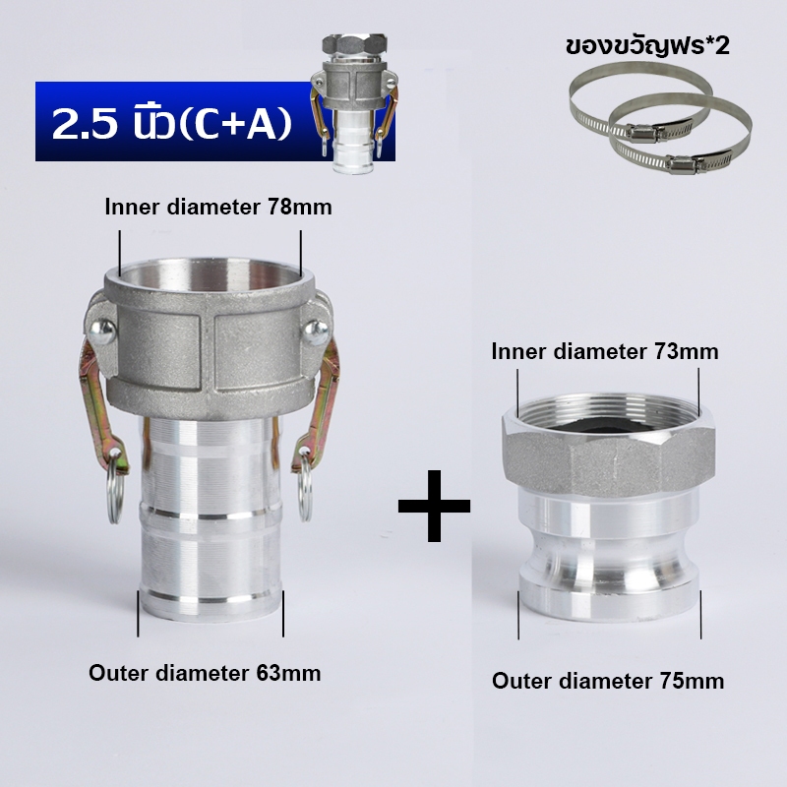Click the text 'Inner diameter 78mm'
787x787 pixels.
218,207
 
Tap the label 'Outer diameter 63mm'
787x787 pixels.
205,673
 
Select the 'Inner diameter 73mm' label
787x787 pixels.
605,351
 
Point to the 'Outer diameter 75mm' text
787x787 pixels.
608,681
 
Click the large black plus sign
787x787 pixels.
434,506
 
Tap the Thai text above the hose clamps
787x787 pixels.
647,46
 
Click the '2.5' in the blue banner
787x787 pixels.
85,124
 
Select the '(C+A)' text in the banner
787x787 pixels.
235,125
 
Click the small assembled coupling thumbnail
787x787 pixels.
355,103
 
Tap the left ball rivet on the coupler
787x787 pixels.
102,332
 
